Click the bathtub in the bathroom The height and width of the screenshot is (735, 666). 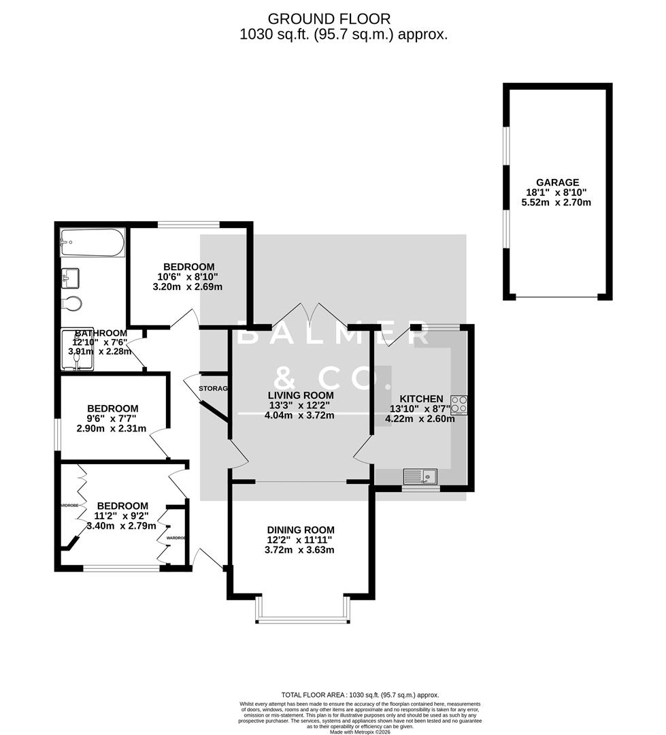[92, 242]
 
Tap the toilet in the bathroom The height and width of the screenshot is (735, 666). [71, 303]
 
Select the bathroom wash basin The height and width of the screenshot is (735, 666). [71, 277]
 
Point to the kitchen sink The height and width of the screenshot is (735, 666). [421, 474]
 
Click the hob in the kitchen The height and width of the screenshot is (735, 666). [459, 404]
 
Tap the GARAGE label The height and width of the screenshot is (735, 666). [557, 182]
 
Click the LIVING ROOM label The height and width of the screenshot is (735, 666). [299, 395]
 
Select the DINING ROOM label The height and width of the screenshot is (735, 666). [300, 529]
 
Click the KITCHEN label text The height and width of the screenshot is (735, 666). [421, 399]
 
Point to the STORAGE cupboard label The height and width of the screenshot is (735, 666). [212, 388]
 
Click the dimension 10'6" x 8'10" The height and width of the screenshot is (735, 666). [188, 277]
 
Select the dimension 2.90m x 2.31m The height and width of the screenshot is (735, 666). [112, 429]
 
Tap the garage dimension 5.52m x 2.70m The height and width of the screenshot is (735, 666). [557, 202]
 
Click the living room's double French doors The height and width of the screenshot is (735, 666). [310, 316]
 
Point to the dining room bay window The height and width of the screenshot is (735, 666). [302, 619]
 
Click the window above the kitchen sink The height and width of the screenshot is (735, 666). [420, 487]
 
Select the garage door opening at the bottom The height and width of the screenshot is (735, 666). [556, 297]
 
